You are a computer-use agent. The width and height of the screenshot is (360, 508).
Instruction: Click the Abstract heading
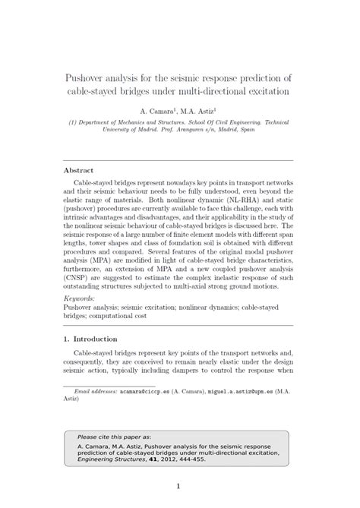[79, 170]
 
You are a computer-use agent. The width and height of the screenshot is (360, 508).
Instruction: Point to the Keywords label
[81, 299]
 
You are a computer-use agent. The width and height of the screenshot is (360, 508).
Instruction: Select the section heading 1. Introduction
[90, 338]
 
